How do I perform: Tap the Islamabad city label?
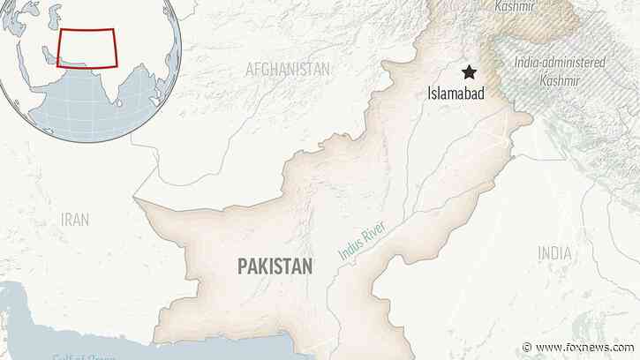pos(456,93)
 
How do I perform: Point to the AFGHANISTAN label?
pos(288,69)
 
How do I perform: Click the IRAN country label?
pos(74,219)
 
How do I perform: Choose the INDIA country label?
pos(554,253)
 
